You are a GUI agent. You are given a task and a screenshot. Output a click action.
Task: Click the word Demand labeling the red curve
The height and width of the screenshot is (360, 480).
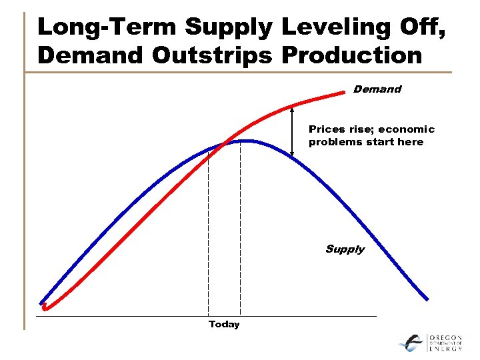pos(377,89)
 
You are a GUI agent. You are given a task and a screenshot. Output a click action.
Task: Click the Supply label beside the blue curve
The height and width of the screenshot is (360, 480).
pos(345,249)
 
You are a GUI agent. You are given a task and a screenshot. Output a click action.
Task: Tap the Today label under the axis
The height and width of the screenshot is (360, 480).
pos(223,325)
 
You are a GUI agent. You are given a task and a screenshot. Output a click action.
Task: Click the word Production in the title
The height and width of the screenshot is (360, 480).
pos(352,55)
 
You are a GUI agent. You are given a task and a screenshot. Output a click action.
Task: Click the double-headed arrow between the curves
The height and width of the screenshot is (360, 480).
pos(292,132)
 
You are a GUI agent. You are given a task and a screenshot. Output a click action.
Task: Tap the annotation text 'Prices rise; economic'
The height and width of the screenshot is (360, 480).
pos(371,129)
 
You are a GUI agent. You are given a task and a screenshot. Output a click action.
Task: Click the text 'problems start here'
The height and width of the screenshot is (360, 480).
pos(366,142)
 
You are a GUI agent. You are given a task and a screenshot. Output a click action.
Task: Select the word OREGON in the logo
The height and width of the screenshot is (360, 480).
pos(445,338)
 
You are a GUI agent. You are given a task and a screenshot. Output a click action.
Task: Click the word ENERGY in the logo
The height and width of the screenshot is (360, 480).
pos(445,349)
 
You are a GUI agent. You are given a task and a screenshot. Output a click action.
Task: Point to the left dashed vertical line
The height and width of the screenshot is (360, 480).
pos(208,233)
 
